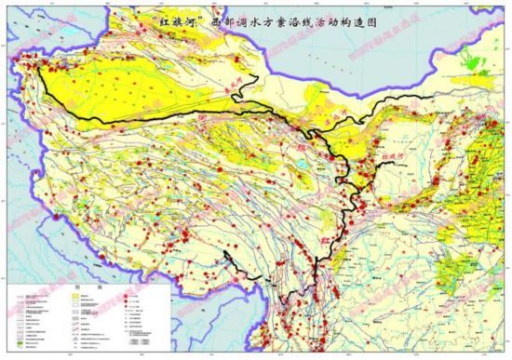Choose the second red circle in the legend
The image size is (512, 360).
[120, 302]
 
